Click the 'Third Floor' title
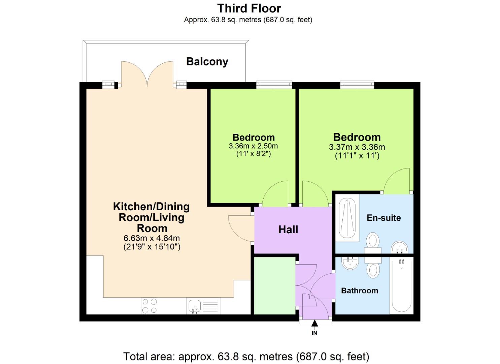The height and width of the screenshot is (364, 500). [x=249, y=8]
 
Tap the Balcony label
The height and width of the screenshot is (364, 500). [x=207, y=62]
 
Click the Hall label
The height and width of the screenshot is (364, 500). [x=288, y=230]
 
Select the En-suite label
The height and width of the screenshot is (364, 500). [x=384, y=218]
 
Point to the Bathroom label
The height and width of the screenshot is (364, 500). [x=359, y=291]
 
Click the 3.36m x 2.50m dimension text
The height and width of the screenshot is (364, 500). [x=253, y=146]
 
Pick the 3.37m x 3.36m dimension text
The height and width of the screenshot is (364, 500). [x=357, y=147]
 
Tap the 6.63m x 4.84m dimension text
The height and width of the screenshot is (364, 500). [x=152, y=238]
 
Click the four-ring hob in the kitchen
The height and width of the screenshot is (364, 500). [x=149, y=306]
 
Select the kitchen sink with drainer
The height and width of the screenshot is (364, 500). [x=203, y=306]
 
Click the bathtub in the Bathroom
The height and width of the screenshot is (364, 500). [x=401, y=286]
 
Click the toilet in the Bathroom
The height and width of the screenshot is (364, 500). [x=373, y=268]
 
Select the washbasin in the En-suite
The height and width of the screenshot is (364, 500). [x=399, y=248]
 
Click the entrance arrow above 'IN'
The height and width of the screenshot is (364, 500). [x=314, y=324]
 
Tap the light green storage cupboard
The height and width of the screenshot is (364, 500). [x=274, y=286]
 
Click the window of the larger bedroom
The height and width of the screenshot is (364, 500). [x=357, y=85]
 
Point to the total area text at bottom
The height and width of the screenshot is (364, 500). [x=246, y=356]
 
